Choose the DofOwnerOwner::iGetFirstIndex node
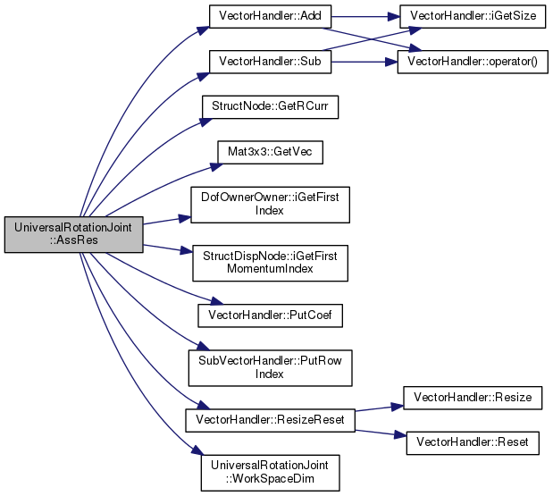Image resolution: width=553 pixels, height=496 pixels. (266, 204)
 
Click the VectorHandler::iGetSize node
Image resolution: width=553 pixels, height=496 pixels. (462, 16)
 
